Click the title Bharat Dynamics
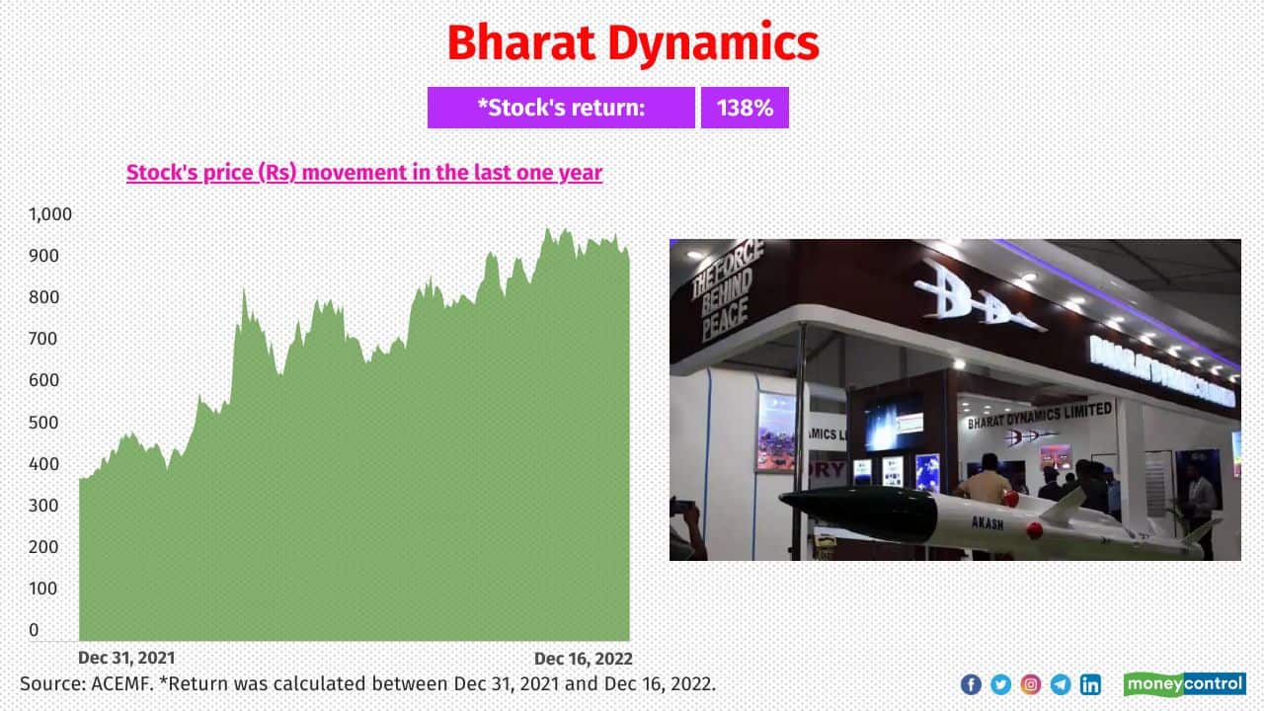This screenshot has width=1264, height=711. tap(632, 43)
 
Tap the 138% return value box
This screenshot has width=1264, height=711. tap(745, 108)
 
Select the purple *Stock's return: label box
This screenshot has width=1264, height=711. tap(561, 108)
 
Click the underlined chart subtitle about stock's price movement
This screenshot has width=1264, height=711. tap(363, 173)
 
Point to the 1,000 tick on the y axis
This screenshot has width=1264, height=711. tap(50, 214)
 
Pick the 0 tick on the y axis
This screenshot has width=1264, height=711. tap(35, 630)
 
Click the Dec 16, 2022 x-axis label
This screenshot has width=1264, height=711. tap(583, 658)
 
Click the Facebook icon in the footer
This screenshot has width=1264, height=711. tap(971, 684)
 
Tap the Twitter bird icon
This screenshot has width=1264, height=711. tap(1000, 684)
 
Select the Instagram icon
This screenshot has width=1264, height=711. tap(1030, 684)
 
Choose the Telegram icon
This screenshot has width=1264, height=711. tap(1060, 684)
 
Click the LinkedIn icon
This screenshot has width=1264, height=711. tap(1090, 684)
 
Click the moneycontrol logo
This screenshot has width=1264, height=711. tap(1184, 684)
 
